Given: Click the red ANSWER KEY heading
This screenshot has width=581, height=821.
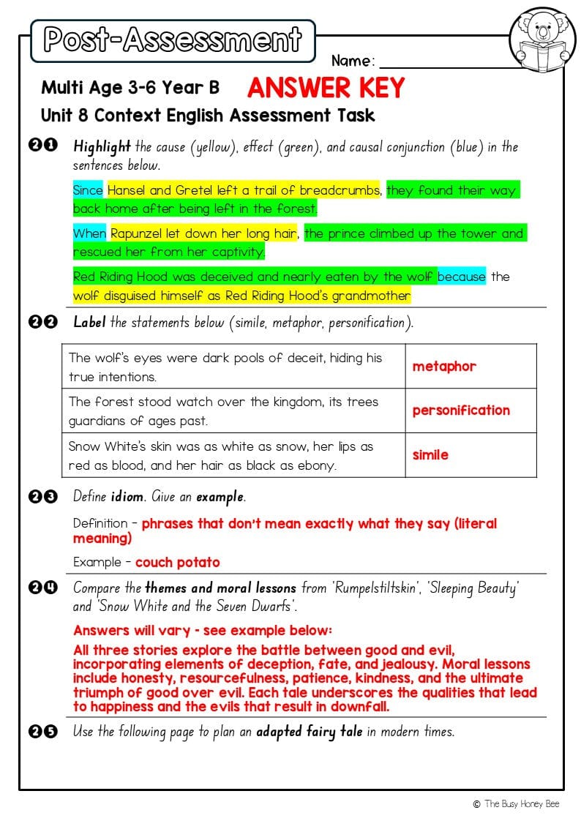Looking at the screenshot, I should pyautogui.click(x=326, y=88).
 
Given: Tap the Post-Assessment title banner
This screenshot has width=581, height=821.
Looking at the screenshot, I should pyautogui.click(x=173, y=40).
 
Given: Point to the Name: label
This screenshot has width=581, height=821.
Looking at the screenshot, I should pyautogui.click(x=353, y=61).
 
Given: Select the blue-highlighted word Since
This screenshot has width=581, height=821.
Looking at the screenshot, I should pyautogui.click(x=88, y=190).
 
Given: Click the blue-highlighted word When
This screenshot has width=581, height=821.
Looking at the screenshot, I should pyautogui.click(x=89, y=233).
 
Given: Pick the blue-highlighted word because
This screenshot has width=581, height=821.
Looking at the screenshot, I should pyautogui.click(x=461, y=277).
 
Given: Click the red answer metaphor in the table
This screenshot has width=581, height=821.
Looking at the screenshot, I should pyautogui.click(x=444, y=367).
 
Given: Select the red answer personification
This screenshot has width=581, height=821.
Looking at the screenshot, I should pyautogui.click(x=461, y=410).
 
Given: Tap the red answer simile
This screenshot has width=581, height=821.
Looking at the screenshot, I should pyautogui.click(x=430, y=455).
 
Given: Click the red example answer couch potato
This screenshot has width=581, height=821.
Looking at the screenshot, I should pyautogui.click(x=178, y=563).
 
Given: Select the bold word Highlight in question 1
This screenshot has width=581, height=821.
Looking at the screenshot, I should pyautogui.click(x=102, y=146).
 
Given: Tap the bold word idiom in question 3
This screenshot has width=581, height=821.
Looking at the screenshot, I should pyautogui.click(x=127, y=497).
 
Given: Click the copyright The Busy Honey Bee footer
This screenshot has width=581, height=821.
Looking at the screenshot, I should pyautogui.click(x=516, y=803).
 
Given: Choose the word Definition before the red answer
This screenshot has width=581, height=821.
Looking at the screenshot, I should pyautogui.click(x=100, y=524).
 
